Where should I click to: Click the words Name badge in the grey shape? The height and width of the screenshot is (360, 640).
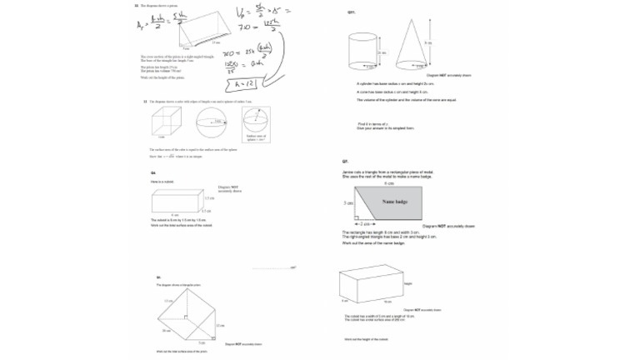(393, 202)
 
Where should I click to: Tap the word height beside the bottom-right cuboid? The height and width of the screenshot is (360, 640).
(408, 284)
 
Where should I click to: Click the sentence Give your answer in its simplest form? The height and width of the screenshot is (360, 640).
(386, 128)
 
